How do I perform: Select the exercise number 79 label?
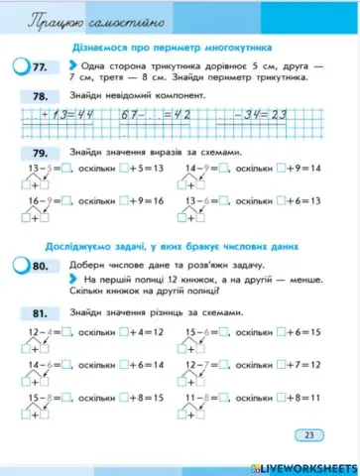pos(39,153)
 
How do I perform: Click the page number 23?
pos(309,435)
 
